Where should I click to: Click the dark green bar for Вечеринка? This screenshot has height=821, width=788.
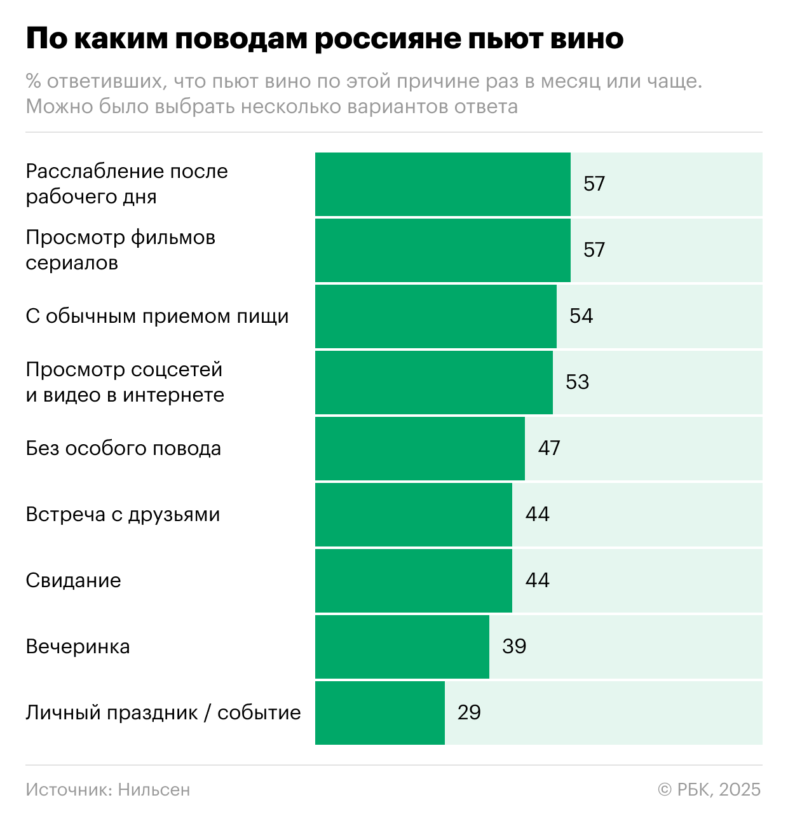[x=402, y=646]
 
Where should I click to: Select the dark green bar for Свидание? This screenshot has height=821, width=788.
[x=413, y=580]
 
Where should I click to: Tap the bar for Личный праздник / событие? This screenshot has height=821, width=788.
[x=379, y=712]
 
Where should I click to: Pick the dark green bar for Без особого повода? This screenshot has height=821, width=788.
[x=419, y=448]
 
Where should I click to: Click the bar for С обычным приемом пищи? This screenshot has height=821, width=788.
[x=435, y=316]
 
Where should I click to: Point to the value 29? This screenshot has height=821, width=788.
[x=469, y=712]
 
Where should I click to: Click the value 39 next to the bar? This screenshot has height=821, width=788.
[x=514, y=646]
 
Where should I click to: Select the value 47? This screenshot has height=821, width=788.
[x=549, y=448]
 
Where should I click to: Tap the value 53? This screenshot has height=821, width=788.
[x=577, y=382]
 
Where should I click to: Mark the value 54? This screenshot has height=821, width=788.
[x=581, y=316]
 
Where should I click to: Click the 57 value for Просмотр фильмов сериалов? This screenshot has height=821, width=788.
[x=594, y=250]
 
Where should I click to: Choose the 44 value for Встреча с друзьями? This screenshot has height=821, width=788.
[x=537, y=514]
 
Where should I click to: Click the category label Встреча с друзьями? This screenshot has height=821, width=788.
[x=123, y=514]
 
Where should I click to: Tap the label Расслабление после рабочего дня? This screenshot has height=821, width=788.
[x=126, y=184]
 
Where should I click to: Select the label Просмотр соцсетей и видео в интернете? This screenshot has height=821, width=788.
[x=125, y=382]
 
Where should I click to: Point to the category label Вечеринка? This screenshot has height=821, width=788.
[x=78, y=646]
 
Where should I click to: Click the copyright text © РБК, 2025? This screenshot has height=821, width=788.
[x=709, y=789]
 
